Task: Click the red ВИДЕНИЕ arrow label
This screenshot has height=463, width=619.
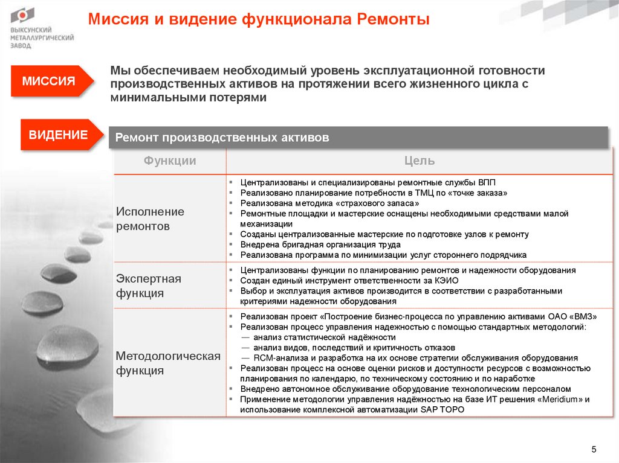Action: [58, 135]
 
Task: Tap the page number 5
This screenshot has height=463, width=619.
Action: [593, 449]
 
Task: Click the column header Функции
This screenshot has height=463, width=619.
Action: [170, 161]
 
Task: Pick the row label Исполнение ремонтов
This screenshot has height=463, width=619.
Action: [151, 219]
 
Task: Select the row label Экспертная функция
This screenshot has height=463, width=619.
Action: [149, 286]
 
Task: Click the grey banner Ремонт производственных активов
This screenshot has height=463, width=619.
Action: [222, 138]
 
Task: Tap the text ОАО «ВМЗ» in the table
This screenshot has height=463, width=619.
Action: [569, 316]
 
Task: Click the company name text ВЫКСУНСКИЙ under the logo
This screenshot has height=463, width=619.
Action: [31, 30]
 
